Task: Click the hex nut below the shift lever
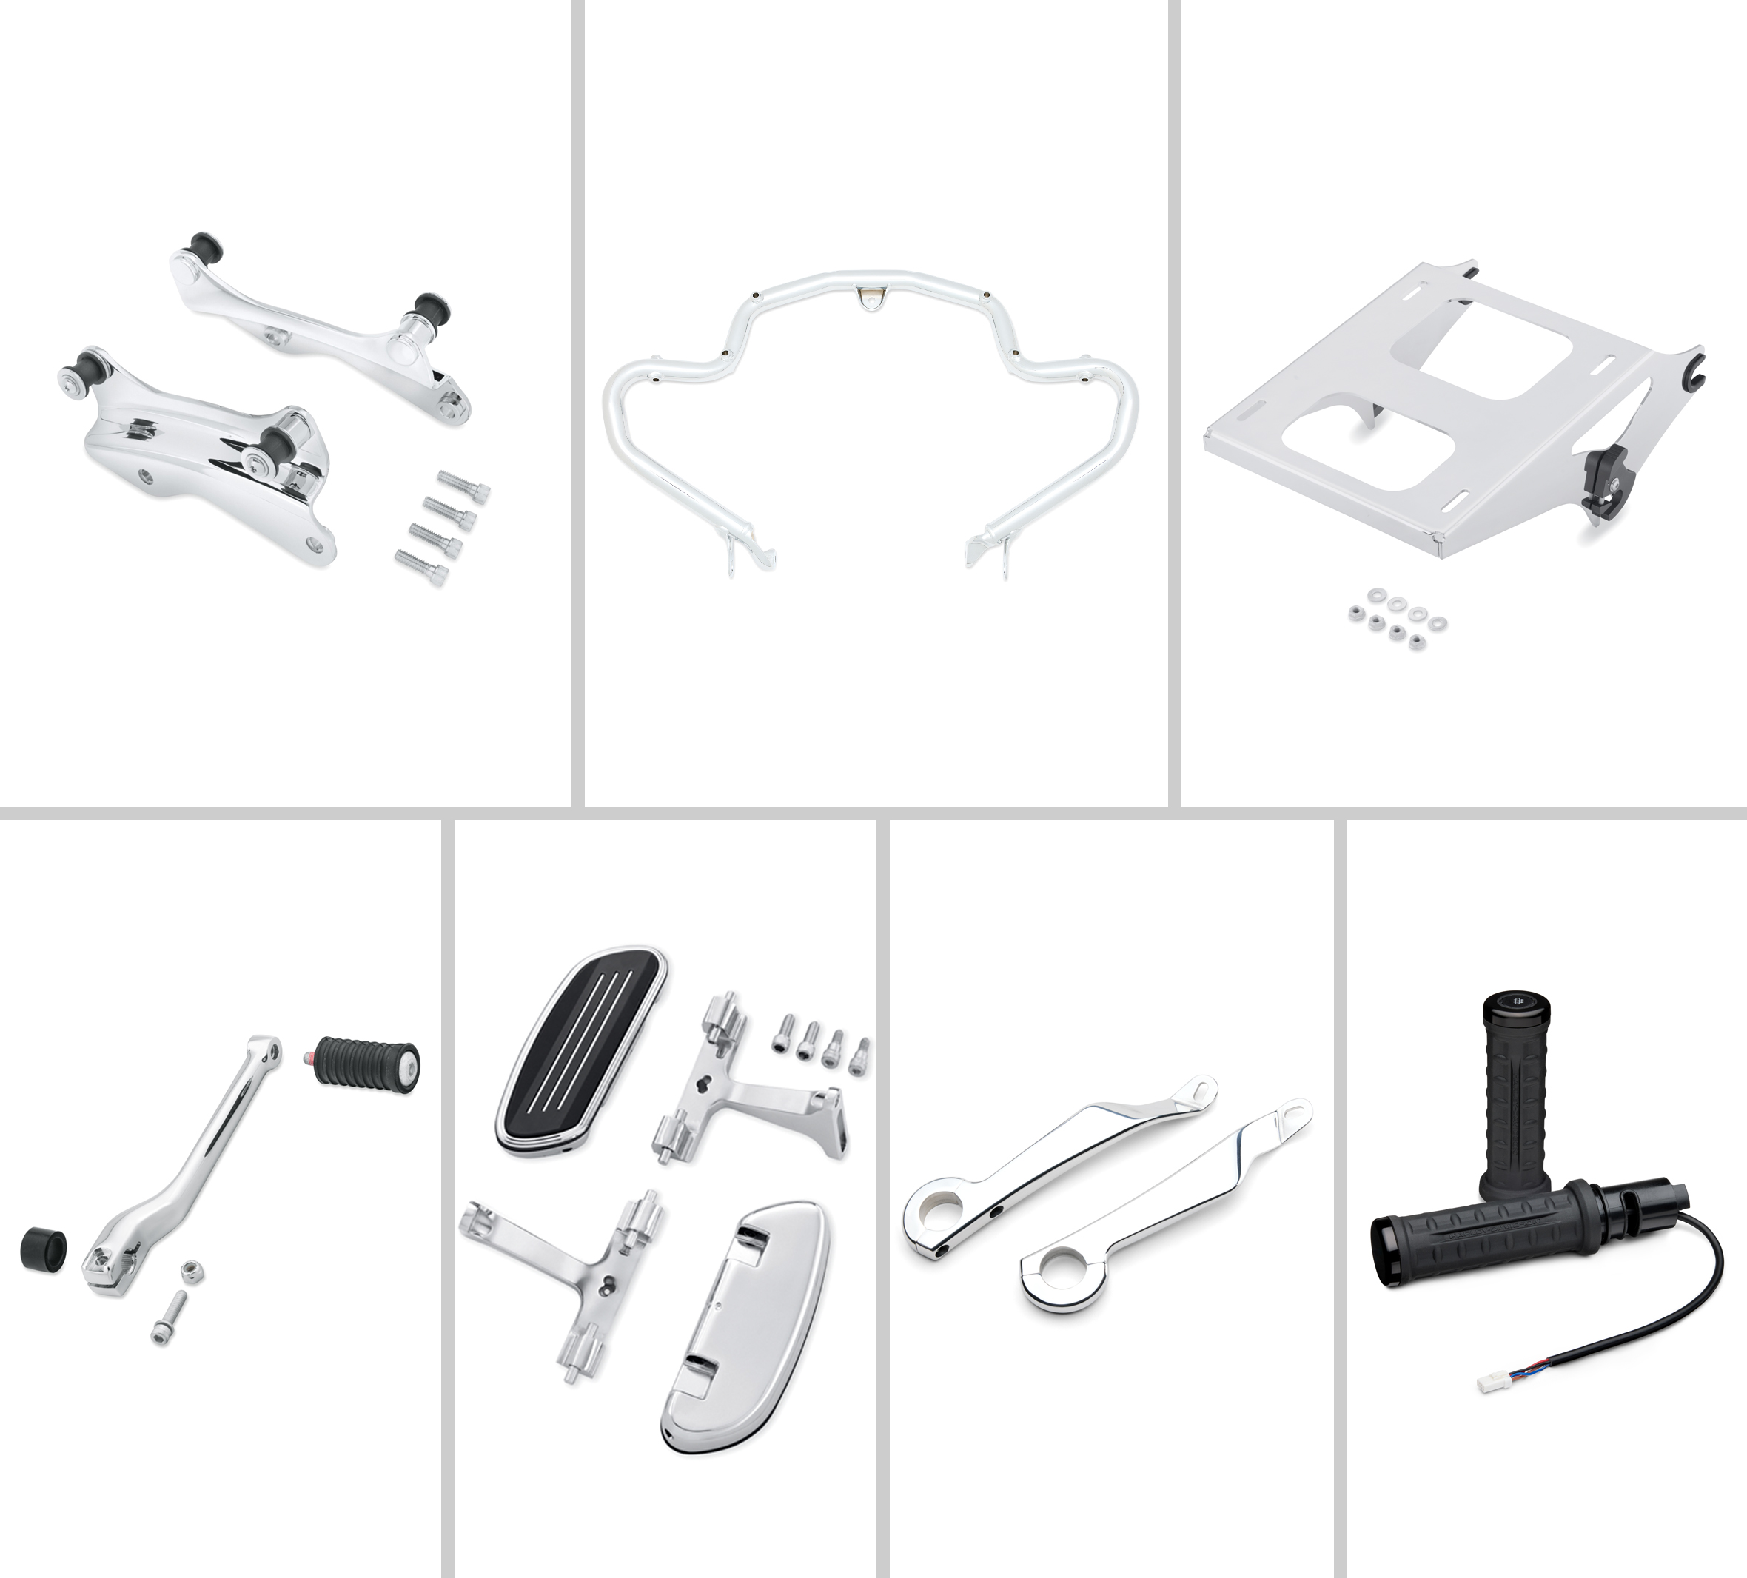tap(187, 1272)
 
